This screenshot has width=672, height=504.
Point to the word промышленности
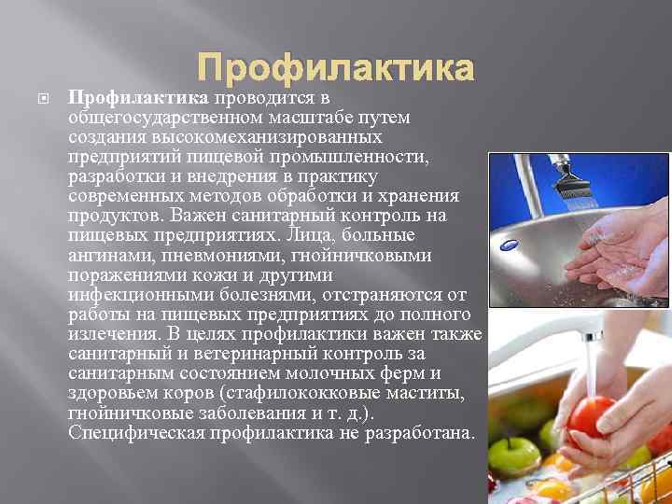click(363, 156)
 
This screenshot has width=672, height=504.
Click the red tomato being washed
click(593, 415)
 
